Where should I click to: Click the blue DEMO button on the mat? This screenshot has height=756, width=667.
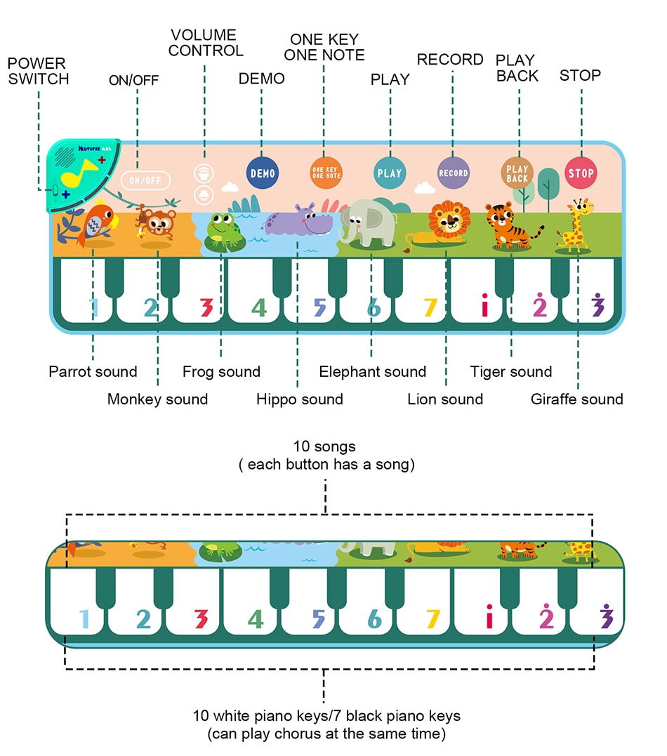[x=263, y=173]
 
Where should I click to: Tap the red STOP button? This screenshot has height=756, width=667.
[x=581, y=173]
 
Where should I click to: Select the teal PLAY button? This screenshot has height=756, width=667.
[x=390, y=173]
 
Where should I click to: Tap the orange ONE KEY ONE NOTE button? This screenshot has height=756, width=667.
[x=326, y=173]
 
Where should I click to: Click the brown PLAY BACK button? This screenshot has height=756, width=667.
[x=517, y=173]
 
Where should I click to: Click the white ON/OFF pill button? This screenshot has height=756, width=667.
[x=145, y=180]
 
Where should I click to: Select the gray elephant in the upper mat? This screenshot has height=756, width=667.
[x=366, y=223]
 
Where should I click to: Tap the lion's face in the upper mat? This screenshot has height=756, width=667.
[x=448, y=220]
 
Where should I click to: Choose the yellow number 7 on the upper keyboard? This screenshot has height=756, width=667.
[x=430, y=307]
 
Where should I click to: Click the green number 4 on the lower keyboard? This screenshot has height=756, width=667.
[x=256, y=619]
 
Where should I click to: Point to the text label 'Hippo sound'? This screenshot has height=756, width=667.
[x=299, y=399]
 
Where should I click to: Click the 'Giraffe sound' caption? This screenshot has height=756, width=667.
[x=576, y=399]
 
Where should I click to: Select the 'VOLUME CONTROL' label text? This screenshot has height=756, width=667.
[x=205, y=43]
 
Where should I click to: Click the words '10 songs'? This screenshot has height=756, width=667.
[x=324, y=446]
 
